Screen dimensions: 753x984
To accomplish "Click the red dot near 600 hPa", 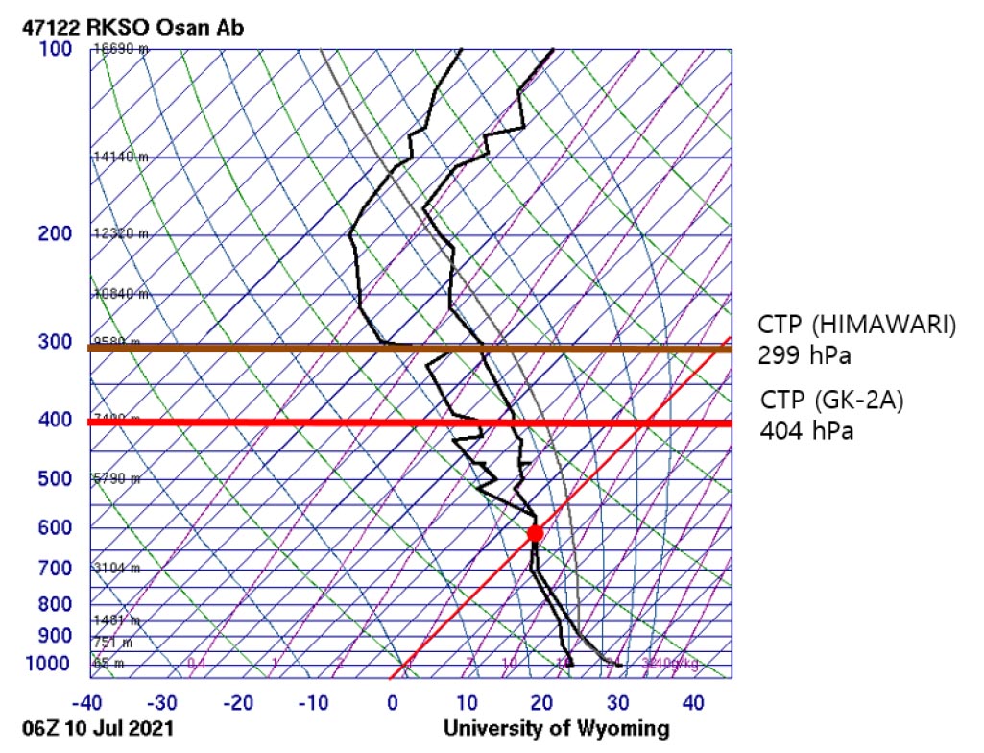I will pos(535,533).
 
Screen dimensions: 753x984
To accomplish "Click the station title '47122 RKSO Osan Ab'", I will pos(133,27).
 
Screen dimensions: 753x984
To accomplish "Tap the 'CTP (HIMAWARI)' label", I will pos(857,326).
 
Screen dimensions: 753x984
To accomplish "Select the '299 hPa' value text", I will pos(804,356).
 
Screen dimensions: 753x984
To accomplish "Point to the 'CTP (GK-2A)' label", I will pos(832,400).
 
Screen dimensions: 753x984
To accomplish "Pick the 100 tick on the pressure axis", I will pos(56,48).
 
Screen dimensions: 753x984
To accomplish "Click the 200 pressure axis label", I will pos(56,234).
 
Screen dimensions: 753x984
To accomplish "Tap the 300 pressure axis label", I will pos(56,343).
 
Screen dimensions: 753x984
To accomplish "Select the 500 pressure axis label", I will pos(56,478).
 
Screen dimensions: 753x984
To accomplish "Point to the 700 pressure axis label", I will pos(56,569).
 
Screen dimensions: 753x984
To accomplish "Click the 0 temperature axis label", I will pos(393,702).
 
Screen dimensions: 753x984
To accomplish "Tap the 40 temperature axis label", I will pos(694,702).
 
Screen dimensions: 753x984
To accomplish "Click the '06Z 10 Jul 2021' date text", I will pos(98,729).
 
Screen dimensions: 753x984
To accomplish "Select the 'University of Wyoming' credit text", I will pos(557,729).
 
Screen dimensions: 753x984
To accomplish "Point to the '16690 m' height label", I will pos(120,49).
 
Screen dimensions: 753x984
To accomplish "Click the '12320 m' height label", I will pos(120,234).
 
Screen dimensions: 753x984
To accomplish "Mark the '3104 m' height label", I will pos(116,569).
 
